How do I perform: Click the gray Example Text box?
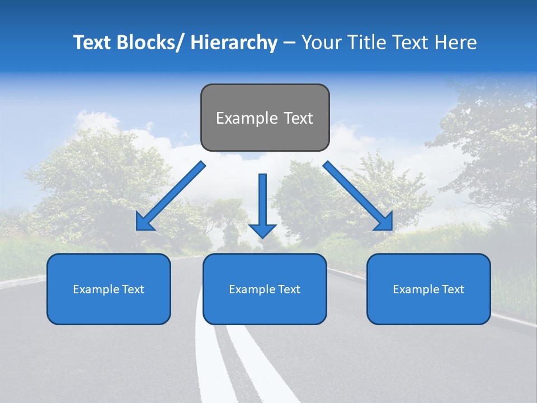[265, 118]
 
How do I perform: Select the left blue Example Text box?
[109, 289]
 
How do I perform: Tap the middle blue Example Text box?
[265, 289]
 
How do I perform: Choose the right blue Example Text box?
[428, 289]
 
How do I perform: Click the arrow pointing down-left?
[171, 196]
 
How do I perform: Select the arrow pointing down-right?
[357, 196]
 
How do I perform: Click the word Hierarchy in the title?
[233, 43]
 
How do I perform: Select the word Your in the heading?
[321, 43]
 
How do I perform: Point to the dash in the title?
[289, 43]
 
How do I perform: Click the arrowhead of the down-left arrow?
[144, 222]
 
